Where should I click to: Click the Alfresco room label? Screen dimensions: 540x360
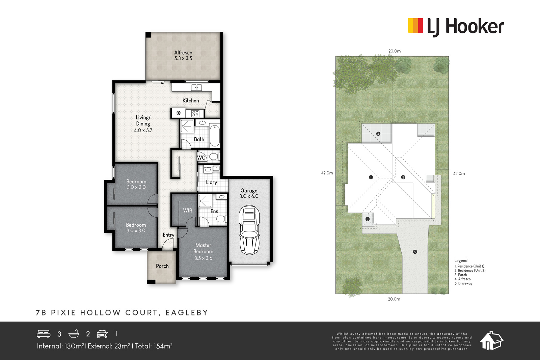click(183, 53)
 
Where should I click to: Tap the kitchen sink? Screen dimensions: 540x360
click(196, 87)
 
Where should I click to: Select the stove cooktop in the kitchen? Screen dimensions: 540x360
click(195, 113)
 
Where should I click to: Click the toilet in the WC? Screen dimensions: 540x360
click(214, 157)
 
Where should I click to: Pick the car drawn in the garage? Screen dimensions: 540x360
click(249, 230)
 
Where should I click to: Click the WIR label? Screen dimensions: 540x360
click(187, 211)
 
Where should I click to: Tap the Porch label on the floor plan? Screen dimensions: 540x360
click(162, 266)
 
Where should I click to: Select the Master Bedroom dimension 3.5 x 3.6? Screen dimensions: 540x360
click(203, 258)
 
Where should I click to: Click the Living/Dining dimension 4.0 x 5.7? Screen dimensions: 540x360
click(143, 130)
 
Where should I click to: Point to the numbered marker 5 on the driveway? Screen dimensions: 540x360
click(415, 252)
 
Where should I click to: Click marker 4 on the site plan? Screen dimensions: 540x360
click(378, 134)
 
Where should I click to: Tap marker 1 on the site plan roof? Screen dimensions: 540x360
click(371, 177)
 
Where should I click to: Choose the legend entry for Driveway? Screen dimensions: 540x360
click(463, 283)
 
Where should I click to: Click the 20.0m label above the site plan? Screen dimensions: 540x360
click(395, 51)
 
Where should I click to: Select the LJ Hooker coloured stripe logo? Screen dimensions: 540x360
click(415, 26)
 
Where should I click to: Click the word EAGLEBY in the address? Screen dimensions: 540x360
click(187, 312)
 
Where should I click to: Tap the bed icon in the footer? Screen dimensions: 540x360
click(44, 334)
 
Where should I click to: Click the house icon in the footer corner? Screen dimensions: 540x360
click(491, 341)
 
